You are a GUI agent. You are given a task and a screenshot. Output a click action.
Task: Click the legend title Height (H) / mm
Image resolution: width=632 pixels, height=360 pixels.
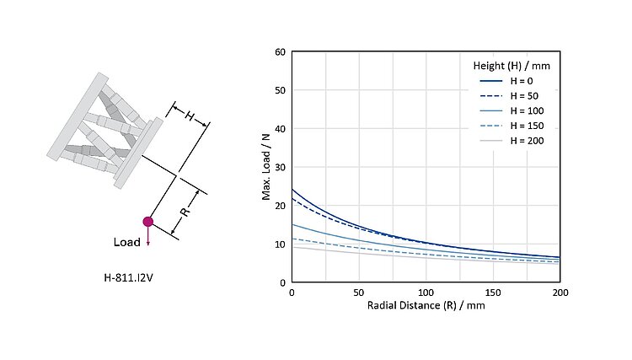coord(511,64)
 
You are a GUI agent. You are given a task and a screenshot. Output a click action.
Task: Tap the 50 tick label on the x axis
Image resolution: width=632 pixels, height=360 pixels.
coord(358,293)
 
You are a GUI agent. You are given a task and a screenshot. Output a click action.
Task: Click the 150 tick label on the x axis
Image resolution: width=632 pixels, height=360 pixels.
coord(493,293)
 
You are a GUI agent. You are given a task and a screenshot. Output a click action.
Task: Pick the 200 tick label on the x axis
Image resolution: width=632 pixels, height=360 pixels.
coord(560,293)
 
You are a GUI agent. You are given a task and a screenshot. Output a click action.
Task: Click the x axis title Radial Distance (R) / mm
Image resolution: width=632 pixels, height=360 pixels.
coord(426,306)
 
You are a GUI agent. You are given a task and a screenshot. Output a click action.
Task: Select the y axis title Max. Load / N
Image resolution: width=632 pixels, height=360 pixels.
coord(265,168)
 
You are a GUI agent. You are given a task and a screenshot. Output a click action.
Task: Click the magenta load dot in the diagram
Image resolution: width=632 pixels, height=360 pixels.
coord(148,222)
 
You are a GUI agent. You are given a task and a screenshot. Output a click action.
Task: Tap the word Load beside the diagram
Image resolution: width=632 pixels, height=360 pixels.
coord(127,242)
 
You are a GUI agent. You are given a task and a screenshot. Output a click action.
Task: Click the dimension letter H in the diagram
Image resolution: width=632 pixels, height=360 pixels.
coord(190,116)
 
